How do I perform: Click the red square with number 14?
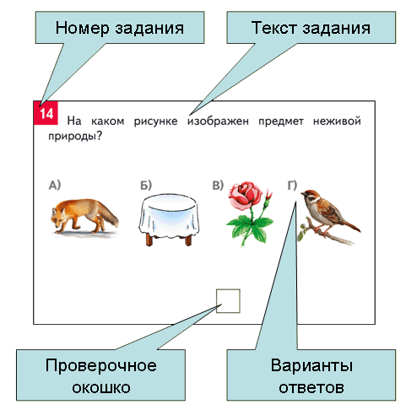[x=46, y=113]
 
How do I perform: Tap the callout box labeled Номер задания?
[x=120, y=28]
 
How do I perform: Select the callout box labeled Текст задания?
[x=311, y=28]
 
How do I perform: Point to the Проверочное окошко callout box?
[x=100, y=375]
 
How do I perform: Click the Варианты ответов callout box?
[x=311, y=375]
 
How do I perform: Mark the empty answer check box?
[x=228, y=301]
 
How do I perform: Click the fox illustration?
[x=84, y=216]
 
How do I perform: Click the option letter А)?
[x=55, y=186]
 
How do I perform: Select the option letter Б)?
[x=146, y=186]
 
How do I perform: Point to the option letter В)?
[x=218, y=186]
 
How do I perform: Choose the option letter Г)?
[x=292, y=186]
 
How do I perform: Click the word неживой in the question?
[x=337, y=121]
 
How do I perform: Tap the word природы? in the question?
[x=75, y=137]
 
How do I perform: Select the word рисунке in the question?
[x=155, y=121]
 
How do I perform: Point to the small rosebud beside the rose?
[x=268, y=195]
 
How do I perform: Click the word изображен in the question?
[x=218, y=121]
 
